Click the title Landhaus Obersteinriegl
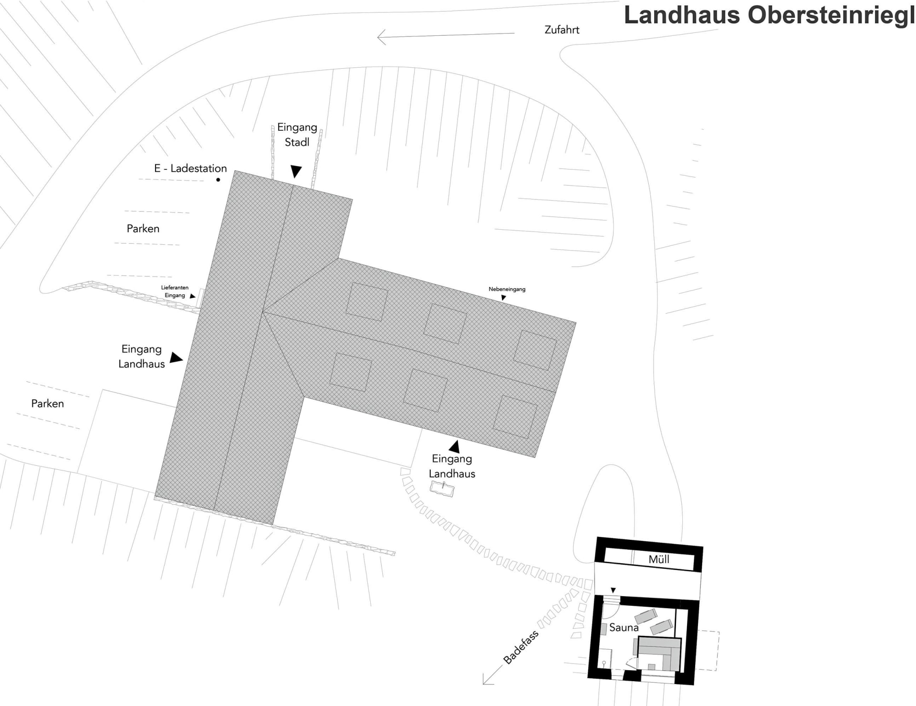769,15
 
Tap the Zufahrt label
562,30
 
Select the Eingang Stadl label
297,135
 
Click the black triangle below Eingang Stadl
296,171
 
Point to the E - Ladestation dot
218,180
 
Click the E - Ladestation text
190,169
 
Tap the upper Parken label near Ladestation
143,229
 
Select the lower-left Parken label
47,403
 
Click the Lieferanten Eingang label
175,291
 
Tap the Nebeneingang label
507,289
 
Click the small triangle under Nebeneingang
503,298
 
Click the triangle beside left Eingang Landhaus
176,358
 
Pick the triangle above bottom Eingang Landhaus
455,447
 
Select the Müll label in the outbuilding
658,559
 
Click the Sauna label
624,628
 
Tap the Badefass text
520,647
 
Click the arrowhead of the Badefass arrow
486,681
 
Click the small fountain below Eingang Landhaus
442,488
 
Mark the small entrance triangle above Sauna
614,590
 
